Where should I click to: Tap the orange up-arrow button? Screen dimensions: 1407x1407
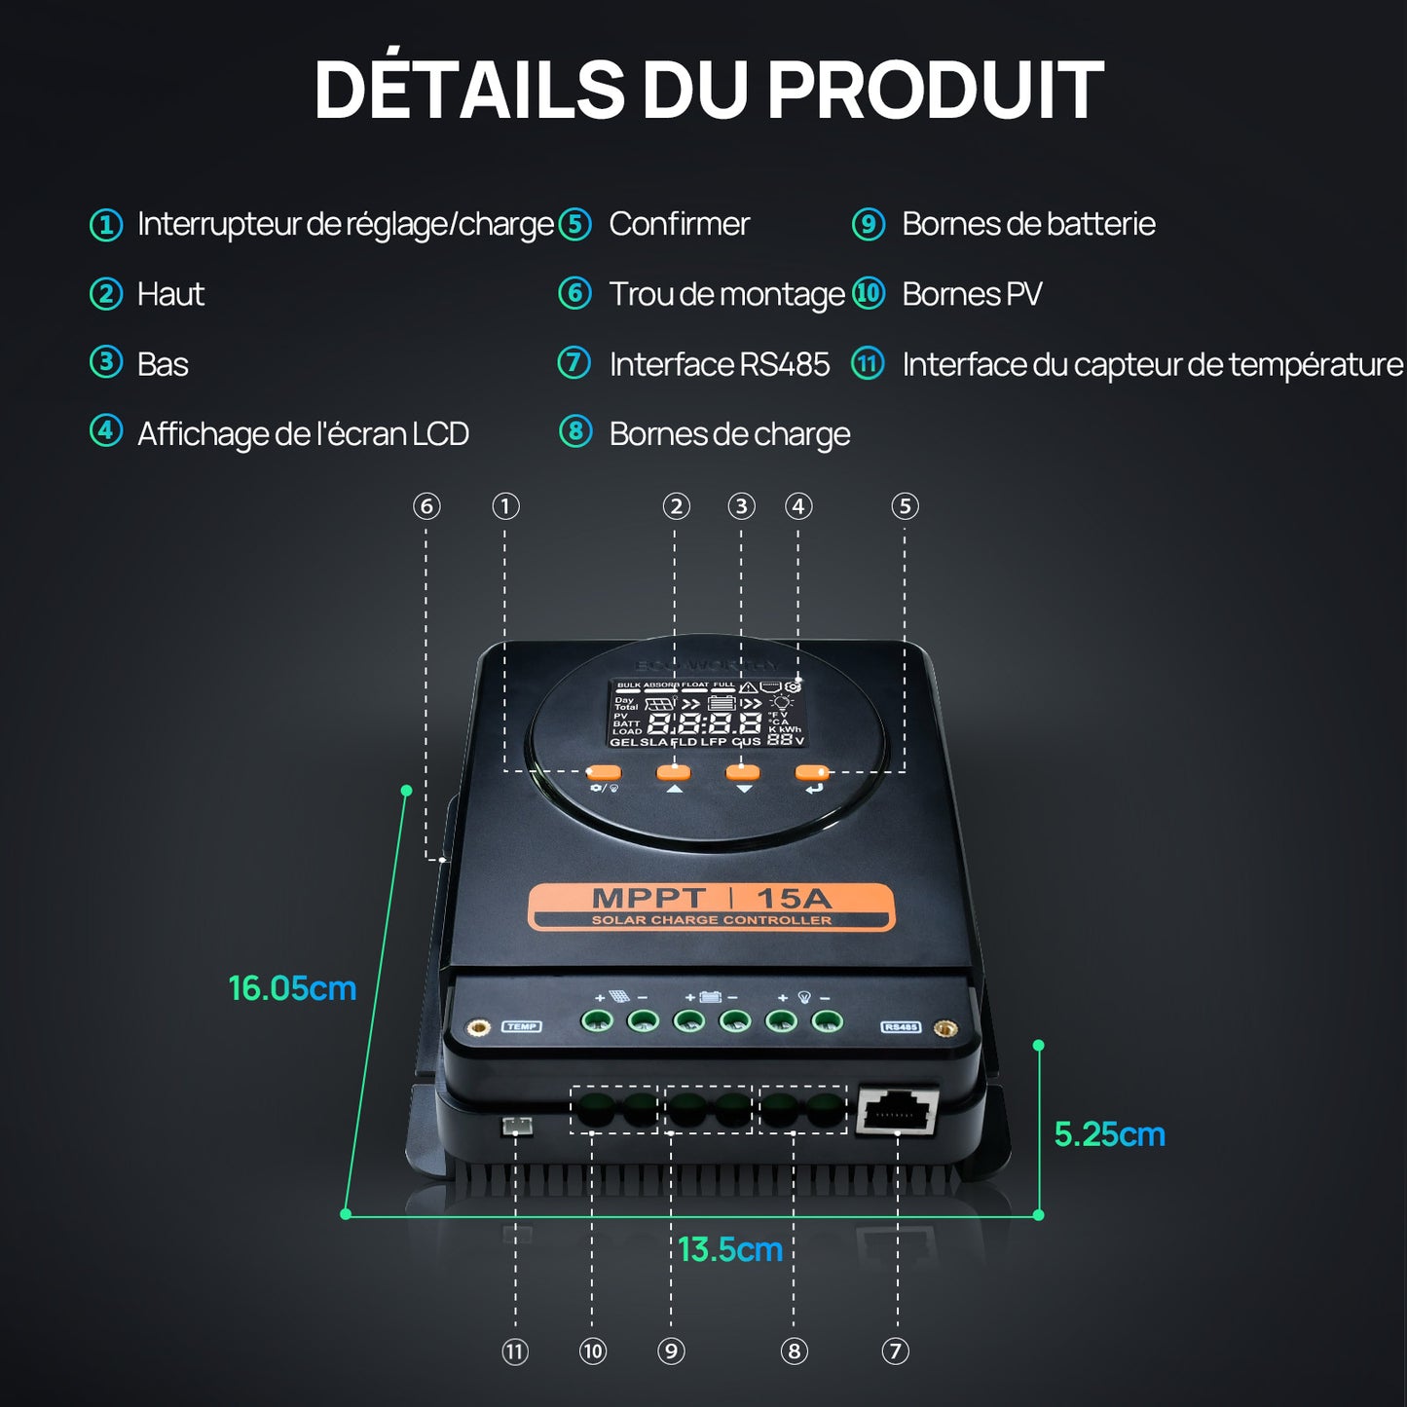point(673,772)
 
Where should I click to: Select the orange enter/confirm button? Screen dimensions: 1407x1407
point(811,772)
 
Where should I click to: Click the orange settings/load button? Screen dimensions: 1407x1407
point(604,773)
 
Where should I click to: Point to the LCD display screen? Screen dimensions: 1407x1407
point(708,714)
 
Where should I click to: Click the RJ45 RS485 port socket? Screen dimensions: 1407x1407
point(897,1111)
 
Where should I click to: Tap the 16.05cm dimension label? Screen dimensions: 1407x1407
point(292,988)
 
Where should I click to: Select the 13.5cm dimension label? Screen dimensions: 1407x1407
point(730,1249)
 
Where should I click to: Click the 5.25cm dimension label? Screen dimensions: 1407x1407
point(1109,1134)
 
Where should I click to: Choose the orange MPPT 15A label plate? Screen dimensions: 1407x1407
point(711,907)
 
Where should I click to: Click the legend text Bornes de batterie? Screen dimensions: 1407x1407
point(1028,224)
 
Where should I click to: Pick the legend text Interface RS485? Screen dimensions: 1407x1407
point(719,364)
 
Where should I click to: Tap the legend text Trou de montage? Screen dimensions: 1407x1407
point(726,294)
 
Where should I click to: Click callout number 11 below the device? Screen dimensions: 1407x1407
point(515,1351)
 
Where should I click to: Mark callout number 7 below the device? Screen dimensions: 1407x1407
point(895,1351)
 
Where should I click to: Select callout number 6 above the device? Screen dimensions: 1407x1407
point(426,506)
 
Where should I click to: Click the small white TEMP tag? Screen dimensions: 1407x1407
point(522,1026)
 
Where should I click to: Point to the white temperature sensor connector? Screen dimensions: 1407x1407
point(516,1127)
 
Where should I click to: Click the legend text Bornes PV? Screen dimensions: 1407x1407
point(971,294)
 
